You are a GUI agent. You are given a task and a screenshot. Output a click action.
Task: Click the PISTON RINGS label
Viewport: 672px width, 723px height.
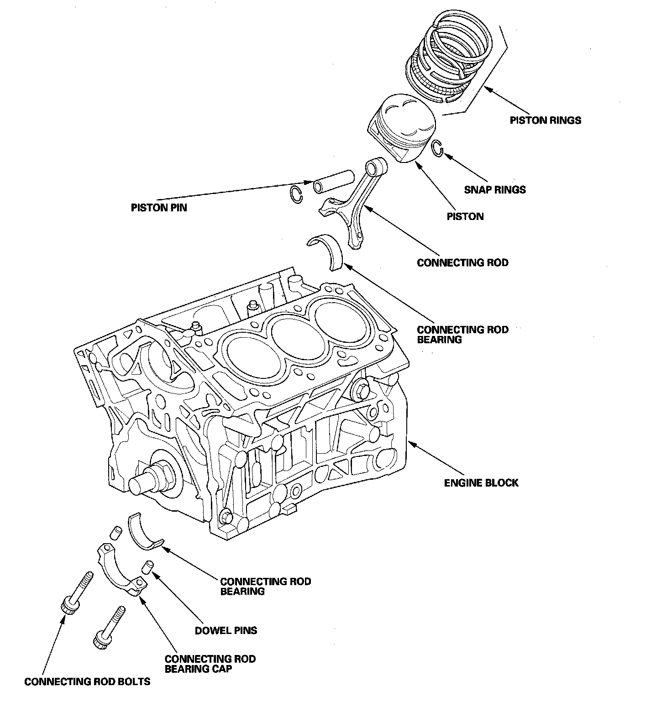point(546,120)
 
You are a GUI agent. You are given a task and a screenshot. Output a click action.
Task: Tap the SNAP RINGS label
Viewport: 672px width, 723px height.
point(495,189)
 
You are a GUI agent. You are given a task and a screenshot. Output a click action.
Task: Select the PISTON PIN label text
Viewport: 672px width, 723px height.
point(159,208)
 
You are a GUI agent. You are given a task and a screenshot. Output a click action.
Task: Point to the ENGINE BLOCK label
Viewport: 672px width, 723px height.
point(481,483)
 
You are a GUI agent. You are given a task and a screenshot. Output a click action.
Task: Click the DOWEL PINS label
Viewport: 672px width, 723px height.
point(226,631)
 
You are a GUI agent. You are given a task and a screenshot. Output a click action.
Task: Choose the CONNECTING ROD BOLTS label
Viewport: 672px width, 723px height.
point(87,682)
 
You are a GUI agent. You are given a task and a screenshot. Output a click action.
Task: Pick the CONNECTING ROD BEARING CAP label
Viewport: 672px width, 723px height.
point(210,664)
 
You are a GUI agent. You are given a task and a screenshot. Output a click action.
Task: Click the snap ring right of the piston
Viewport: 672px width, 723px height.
point(437,148)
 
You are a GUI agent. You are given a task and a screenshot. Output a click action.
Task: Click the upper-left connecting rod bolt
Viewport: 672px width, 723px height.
point(76,593)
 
